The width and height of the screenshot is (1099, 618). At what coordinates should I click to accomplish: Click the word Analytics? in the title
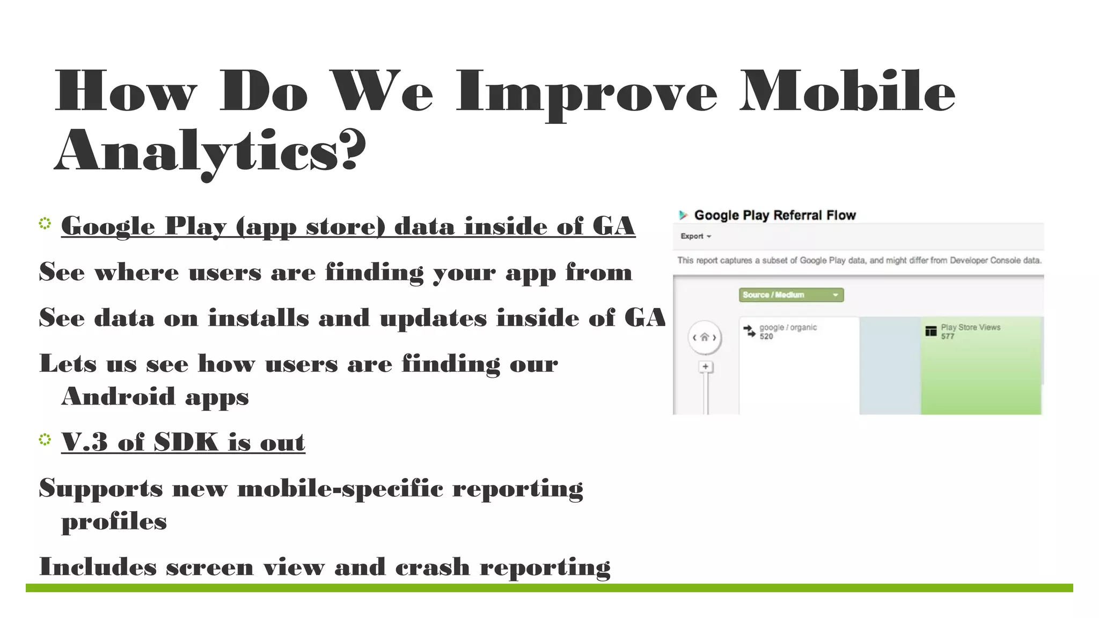210,151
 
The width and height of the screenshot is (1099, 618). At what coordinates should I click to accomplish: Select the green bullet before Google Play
45,223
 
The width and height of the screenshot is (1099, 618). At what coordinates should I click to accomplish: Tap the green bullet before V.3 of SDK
45,440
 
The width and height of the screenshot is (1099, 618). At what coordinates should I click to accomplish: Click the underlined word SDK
186,442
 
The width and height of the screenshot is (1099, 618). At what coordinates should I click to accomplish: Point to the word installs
259,318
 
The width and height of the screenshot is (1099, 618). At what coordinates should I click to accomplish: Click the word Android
119,396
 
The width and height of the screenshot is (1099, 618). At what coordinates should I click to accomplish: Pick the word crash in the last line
433,567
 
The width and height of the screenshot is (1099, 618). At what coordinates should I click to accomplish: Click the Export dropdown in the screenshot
695,236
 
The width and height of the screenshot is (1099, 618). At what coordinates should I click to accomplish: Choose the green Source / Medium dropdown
791,295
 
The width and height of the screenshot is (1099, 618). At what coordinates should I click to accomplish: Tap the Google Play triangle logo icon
683,215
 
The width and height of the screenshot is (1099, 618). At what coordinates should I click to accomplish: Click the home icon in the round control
705,337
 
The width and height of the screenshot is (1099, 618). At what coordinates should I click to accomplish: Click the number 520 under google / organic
766,336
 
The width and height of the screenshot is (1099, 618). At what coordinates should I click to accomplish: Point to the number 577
948,336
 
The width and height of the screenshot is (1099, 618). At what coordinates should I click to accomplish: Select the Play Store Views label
970,327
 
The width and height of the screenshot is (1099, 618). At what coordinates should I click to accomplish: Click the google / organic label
788,327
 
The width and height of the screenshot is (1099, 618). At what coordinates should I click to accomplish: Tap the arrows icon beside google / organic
749,331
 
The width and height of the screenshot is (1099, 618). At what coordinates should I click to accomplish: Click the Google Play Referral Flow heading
775,215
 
